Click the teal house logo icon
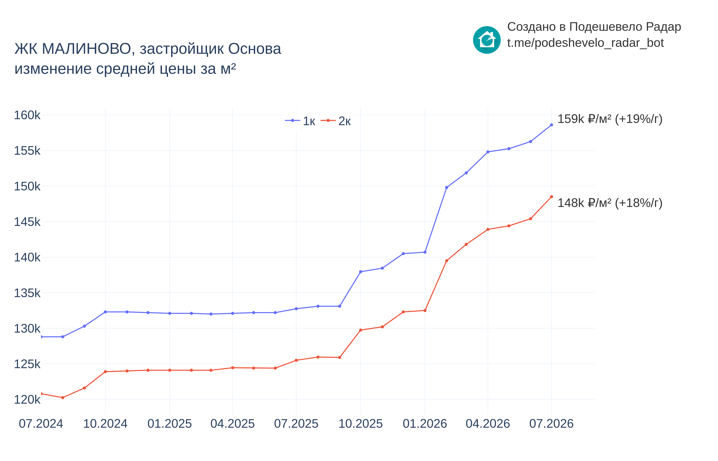tap(487, 40)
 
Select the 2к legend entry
tap(336, 121)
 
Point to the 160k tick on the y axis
tap(27, 115)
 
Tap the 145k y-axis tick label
tap(27, 222)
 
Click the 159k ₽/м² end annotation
tap(610, 119)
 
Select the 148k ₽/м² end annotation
tap(610, 203)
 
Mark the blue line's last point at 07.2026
tap(551, 125)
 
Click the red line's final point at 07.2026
tap(551, 197)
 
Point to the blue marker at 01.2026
tap(425, 252)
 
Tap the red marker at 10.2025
tap(361, 330)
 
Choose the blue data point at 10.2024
tap(105, 312)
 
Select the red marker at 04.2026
tap(488, 229)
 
